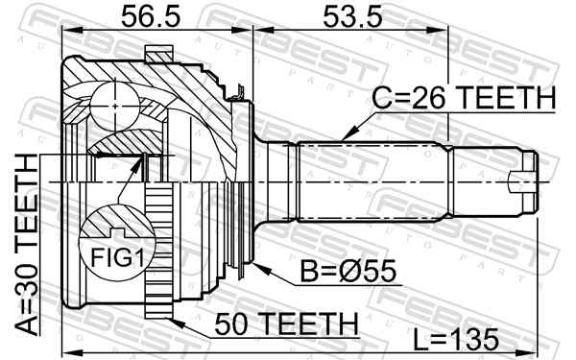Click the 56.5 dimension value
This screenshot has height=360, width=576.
(151, 17)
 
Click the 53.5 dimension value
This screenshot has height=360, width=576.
(352, 17)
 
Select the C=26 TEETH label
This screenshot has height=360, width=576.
(464, 98)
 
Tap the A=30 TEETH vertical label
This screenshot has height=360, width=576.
(27, 245)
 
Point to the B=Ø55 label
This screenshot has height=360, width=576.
(348, 271)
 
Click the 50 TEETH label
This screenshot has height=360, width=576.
(286, 324)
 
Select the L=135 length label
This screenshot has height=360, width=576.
(455, 339)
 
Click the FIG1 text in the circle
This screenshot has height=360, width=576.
(117, 257)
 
